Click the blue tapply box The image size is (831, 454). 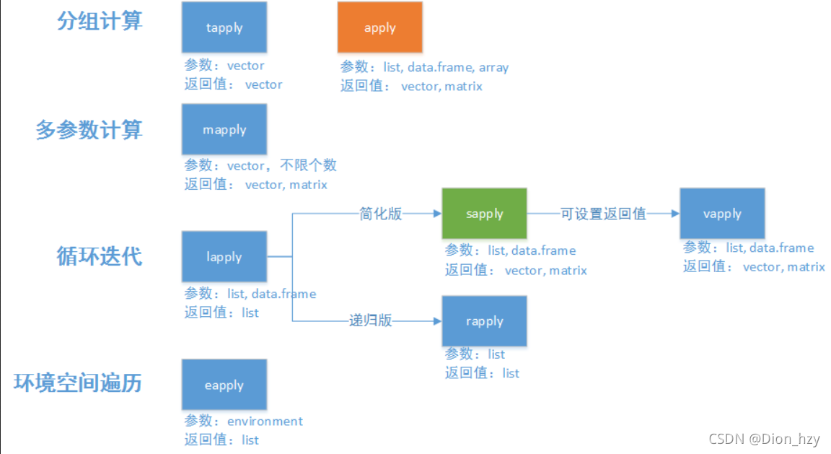pyautogui.click(x=224, y=27)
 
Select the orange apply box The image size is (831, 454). pyautogui.click(x=380, y=27)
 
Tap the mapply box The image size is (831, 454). pyautogui.click(x=224, y=129)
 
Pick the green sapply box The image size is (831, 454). pyautogui.click(x=485, y=214)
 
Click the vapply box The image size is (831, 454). pyautogui.click(x=722, y=214)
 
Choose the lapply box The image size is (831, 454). pyautogui.click(x=224, y=256)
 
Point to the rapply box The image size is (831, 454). pyautogui.click(x=485, y=320)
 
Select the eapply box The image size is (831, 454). pyautogui.click(x=224, y=385)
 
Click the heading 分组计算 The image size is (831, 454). pyautogui.click(x=100, y=21)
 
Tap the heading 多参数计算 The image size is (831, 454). pyautogui.click(x=89, y=130)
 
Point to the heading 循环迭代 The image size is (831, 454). pyautogui.click(x=100, y=256)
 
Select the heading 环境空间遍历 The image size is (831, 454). pyautogui.click(x=78, y=383)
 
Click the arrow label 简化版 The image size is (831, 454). pyautogui.click(x=381, y=214)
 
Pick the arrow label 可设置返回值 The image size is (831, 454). pyautogui.click(x=603, y=214)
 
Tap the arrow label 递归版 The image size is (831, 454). pyautogui.click(x=371, y=320)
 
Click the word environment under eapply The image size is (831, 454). pyautogui.click(x=265, y=421)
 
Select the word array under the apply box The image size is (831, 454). pyautogui.click(x=493, y=67)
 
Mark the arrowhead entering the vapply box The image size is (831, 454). pyautogui.click(x=674, y=214)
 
